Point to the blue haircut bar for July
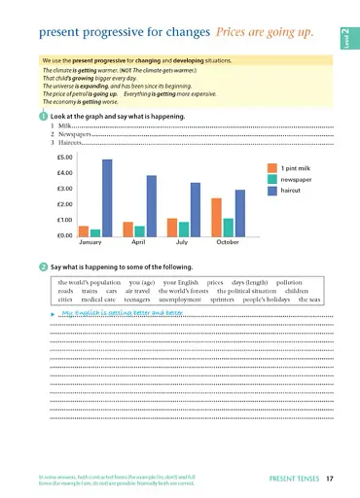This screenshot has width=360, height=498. click(x=195, y=209)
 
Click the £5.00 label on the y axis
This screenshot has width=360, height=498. click(x=65, y=157)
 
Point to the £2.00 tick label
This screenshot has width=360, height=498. click(x=65, y=204)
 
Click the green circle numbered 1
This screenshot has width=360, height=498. click(x=45, y=116)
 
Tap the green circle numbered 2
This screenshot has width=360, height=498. click(x=45, y=267)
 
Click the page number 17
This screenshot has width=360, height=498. click(x=330, y=478)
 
